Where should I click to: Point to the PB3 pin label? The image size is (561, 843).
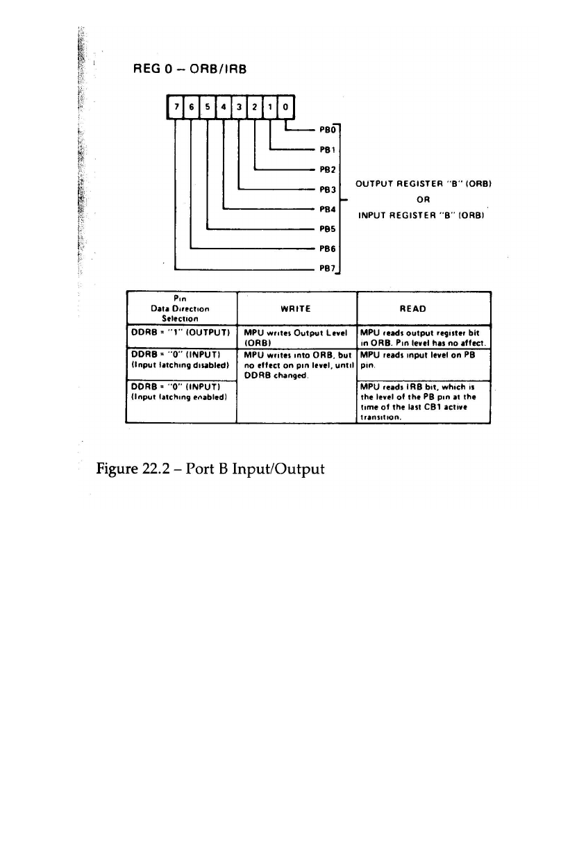pos(327,189)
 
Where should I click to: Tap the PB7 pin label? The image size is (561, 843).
pos(327,267)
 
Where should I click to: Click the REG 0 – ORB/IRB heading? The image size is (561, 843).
pos(189,69)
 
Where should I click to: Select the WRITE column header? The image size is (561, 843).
pos(296,308)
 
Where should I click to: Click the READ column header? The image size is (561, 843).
pos(423,308)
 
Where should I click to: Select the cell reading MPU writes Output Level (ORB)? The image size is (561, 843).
pos(296,335)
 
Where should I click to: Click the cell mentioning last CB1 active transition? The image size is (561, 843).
pos(423,402)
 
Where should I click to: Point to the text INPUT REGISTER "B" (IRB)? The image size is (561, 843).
pos(424,215)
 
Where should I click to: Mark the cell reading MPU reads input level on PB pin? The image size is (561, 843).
pos(423,358)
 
